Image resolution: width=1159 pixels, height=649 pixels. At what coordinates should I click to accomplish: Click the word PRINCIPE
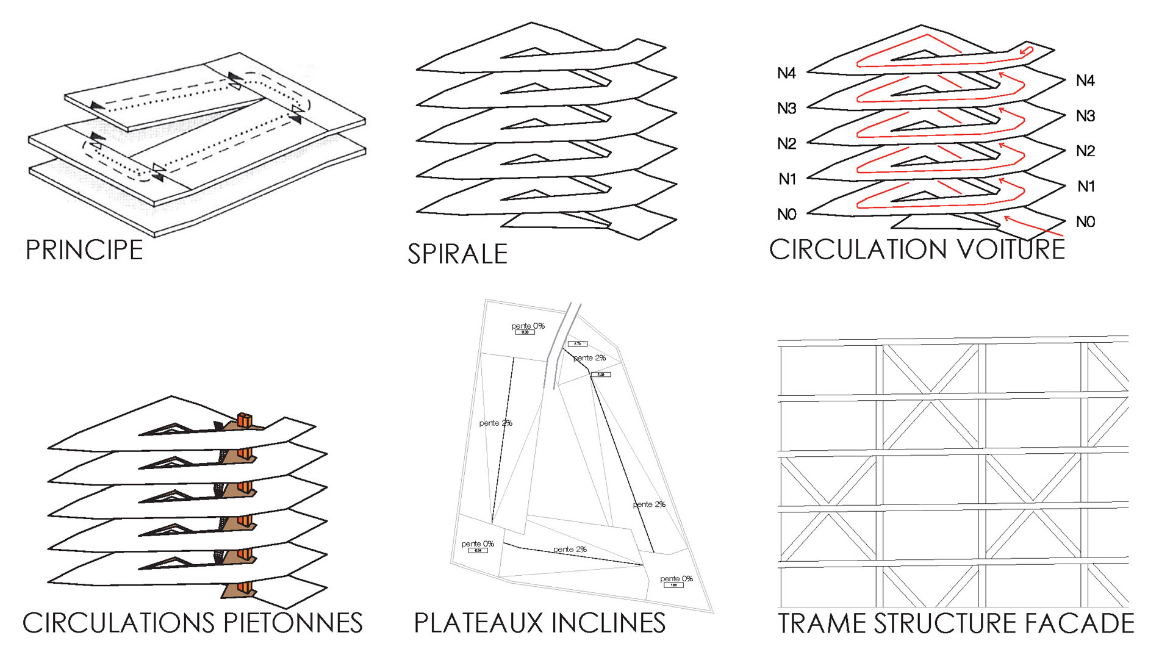pyautogui.click(x=84, y=250)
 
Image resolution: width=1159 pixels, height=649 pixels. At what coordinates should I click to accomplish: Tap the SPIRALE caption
pyautogui.click(x=457, y=254)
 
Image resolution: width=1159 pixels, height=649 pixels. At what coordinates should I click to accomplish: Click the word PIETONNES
pyautogui.click(x=293, y=623)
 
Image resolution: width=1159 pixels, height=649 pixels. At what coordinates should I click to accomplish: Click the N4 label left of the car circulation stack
pyautogui.click(x=786, y=74)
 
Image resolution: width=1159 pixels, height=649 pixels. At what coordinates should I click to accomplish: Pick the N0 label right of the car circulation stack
pyautogui.click(x=1085, y=222)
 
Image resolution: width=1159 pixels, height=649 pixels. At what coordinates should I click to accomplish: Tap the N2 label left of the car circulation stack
pyautogui.click(x=786, y=144)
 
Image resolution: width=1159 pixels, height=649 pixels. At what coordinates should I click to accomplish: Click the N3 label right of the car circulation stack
pyautogui.click(x=1085, y=116)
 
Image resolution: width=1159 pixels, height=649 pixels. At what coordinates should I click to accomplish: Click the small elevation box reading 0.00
pyautogui.click(x=525, y=332)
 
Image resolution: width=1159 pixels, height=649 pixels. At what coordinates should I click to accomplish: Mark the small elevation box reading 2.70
pyautogui.click(x=577, y=344)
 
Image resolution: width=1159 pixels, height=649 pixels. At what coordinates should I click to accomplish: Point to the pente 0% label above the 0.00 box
pyautogui.click(x=528, y=326)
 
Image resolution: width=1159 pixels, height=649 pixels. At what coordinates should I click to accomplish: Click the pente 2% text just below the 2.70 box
pyautogui.click(x=589, y=357)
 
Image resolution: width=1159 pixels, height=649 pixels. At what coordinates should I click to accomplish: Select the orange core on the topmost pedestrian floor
pyautogui.click(x=244, y=420)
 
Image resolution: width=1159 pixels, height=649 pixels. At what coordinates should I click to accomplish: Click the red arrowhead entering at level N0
pyautogui.click(x=1007, y=218)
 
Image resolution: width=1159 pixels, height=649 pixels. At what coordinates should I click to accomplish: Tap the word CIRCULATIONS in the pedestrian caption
pyautogui.click(x=118, y=623)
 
